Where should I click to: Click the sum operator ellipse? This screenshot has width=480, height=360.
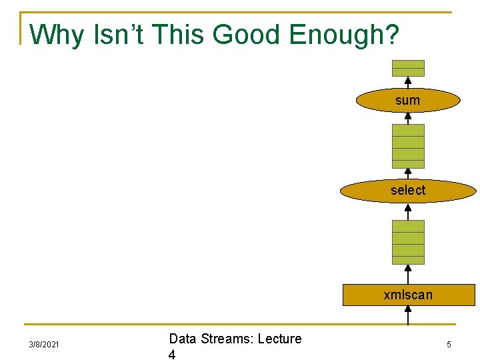pyautogui.click(x=408, y=100)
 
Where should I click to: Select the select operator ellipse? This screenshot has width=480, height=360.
pyautogui.click(x=408, y=190)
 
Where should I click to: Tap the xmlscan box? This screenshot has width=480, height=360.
pyautogui.click(x=408, y=295)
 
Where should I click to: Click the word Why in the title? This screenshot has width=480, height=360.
pyautogui.click(x=57, y=35)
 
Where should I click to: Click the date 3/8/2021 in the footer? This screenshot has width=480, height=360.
pyautogui.click(x=44, y=345)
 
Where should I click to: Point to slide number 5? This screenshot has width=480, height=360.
pyautogui.click(x=449, y=345)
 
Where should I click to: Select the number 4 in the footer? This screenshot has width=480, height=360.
pyautogui.click(x=172, y=355)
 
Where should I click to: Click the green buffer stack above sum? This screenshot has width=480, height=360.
pyautogui.click(x=408, y=68)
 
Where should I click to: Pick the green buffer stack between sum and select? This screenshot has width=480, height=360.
pyautogui.click(x=408, y=146)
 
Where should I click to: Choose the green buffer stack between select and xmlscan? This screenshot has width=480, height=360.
pyautogui.click(x=408, y=242)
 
